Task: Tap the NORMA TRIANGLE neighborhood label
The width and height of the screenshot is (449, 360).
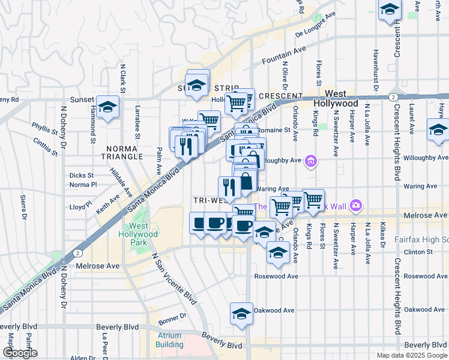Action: pos(124,152)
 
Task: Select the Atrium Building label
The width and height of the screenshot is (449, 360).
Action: pos(169,340)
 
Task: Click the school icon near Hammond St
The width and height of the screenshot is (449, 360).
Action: pos(107,108)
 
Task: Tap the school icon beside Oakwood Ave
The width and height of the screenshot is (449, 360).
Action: pos(241,314)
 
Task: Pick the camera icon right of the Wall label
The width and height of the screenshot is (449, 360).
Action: pos(356,206)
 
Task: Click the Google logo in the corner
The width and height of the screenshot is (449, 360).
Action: pos(20,353)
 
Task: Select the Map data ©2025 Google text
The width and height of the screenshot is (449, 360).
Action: pos(411,355)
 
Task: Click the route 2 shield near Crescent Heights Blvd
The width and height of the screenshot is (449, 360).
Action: pos(392,97)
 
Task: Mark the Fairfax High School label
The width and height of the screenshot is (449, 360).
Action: pos(421,239)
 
